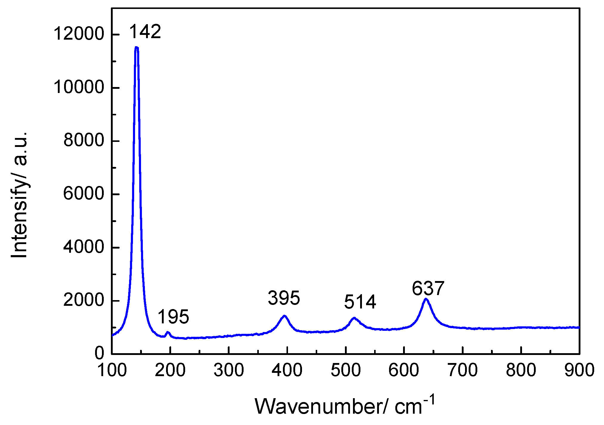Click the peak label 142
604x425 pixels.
point(145,32)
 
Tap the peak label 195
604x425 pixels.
point(173,317)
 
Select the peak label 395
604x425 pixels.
point(284,298)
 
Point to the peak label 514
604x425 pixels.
point(360,302)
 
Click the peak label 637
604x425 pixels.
point(428,288)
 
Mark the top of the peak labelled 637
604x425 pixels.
point(426,299)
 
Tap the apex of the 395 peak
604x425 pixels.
point(284,316)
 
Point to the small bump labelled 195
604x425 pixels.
point(168,332)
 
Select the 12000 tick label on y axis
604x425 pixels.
point(79,34)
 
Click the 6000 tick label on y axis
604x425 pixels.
point(83,194)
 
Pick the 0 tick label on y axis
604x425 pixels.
point(100,353)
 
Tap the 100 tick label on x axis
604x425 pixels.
point(112,370)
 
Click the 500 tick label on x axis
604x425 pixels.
point(346,370)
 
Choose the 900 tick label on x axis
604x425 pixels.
point(579,370)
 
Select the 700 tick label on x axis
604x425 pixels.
point(463,370)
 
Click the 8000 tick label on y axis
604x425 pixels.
point(83,140)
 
